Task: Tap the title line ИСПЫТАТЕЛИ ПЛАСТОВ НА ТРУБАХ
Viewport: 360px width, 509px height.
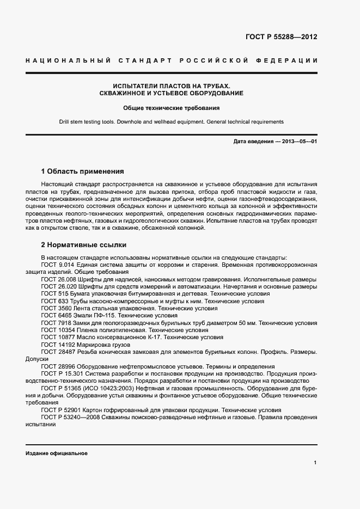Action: [x=172, y=86]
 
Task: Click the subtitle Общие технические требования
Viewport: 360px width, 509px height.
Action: [x=171, y=108]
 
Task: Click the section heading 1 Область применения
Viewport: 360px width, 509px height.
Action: [x=82, y=170]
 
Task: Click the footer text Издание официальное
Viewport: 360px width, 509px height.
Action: [x=57, y=453]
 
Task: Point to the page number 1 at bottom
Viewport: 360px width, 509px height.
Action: [x=315, y=462]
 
